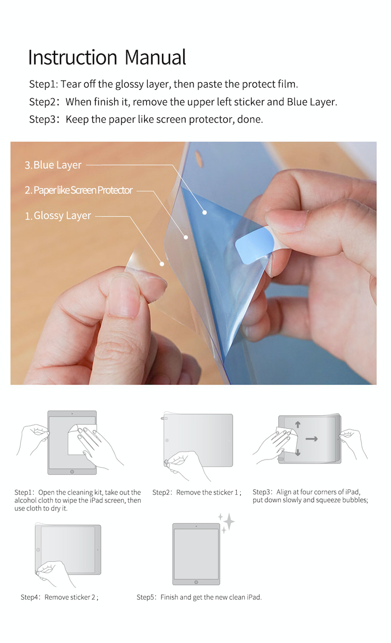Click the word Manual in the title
pos(155,57)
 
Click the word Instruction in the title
pos(73,57)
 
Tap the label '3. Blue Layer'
pos(53,165)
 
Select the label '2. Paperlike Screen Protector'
pos(79,190)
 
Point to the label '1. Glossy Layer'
pos(58,216)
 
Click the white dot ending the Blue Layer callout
pos(205,213)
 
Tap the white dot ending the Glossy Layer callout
pos(162,264)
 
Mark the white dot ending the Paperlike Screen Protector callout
pos(186,237)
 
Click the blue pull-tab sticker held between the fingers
pos(254,247)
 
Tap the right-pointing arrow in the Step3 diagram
pos(311,439)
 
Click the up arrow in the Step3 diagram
pos(298,425)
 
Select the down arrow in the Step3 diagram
pos(298,453)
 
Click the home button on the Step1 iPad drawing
pos(72,472)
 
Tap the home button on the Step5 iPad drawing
pos(196,582)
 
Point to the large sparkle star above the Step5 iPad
pos(229,521)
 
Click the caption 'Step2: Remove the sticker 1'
pos(197,493)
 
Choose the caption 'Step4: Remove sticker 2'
pos(59,597)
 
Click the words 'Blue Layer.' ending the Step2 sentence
pos(312,102)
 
